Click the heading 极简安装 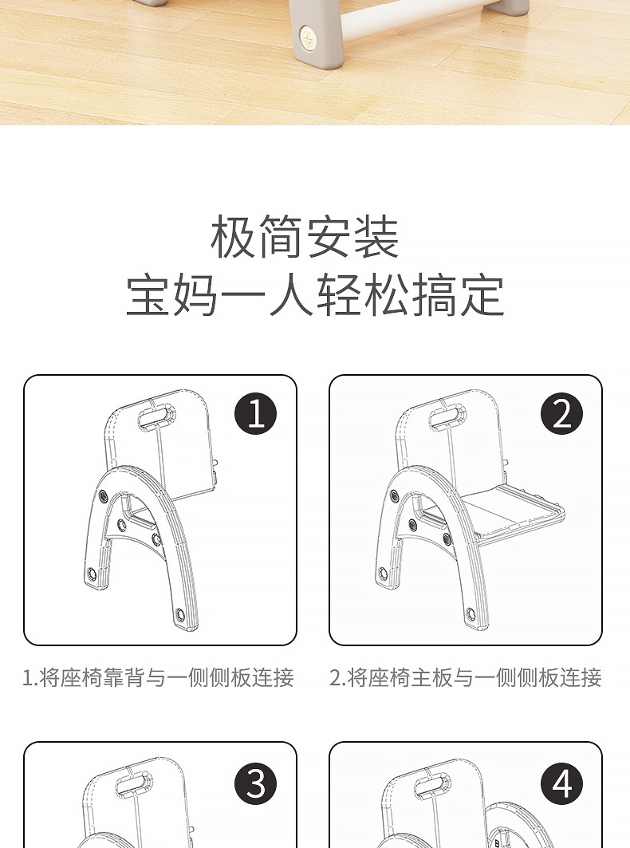coord(305,237)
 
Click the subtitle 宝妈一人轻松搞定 coord(315,295)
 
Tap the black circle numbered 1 coord(256,414)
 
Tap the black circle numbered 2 coord(561,414)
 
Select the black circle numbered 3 coord(256,784)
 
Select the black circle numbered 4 coord(561,784)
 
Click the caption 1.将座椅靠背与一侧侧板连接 coord(159,678)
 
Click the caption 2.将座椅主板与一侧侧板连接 coord(466,678)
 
